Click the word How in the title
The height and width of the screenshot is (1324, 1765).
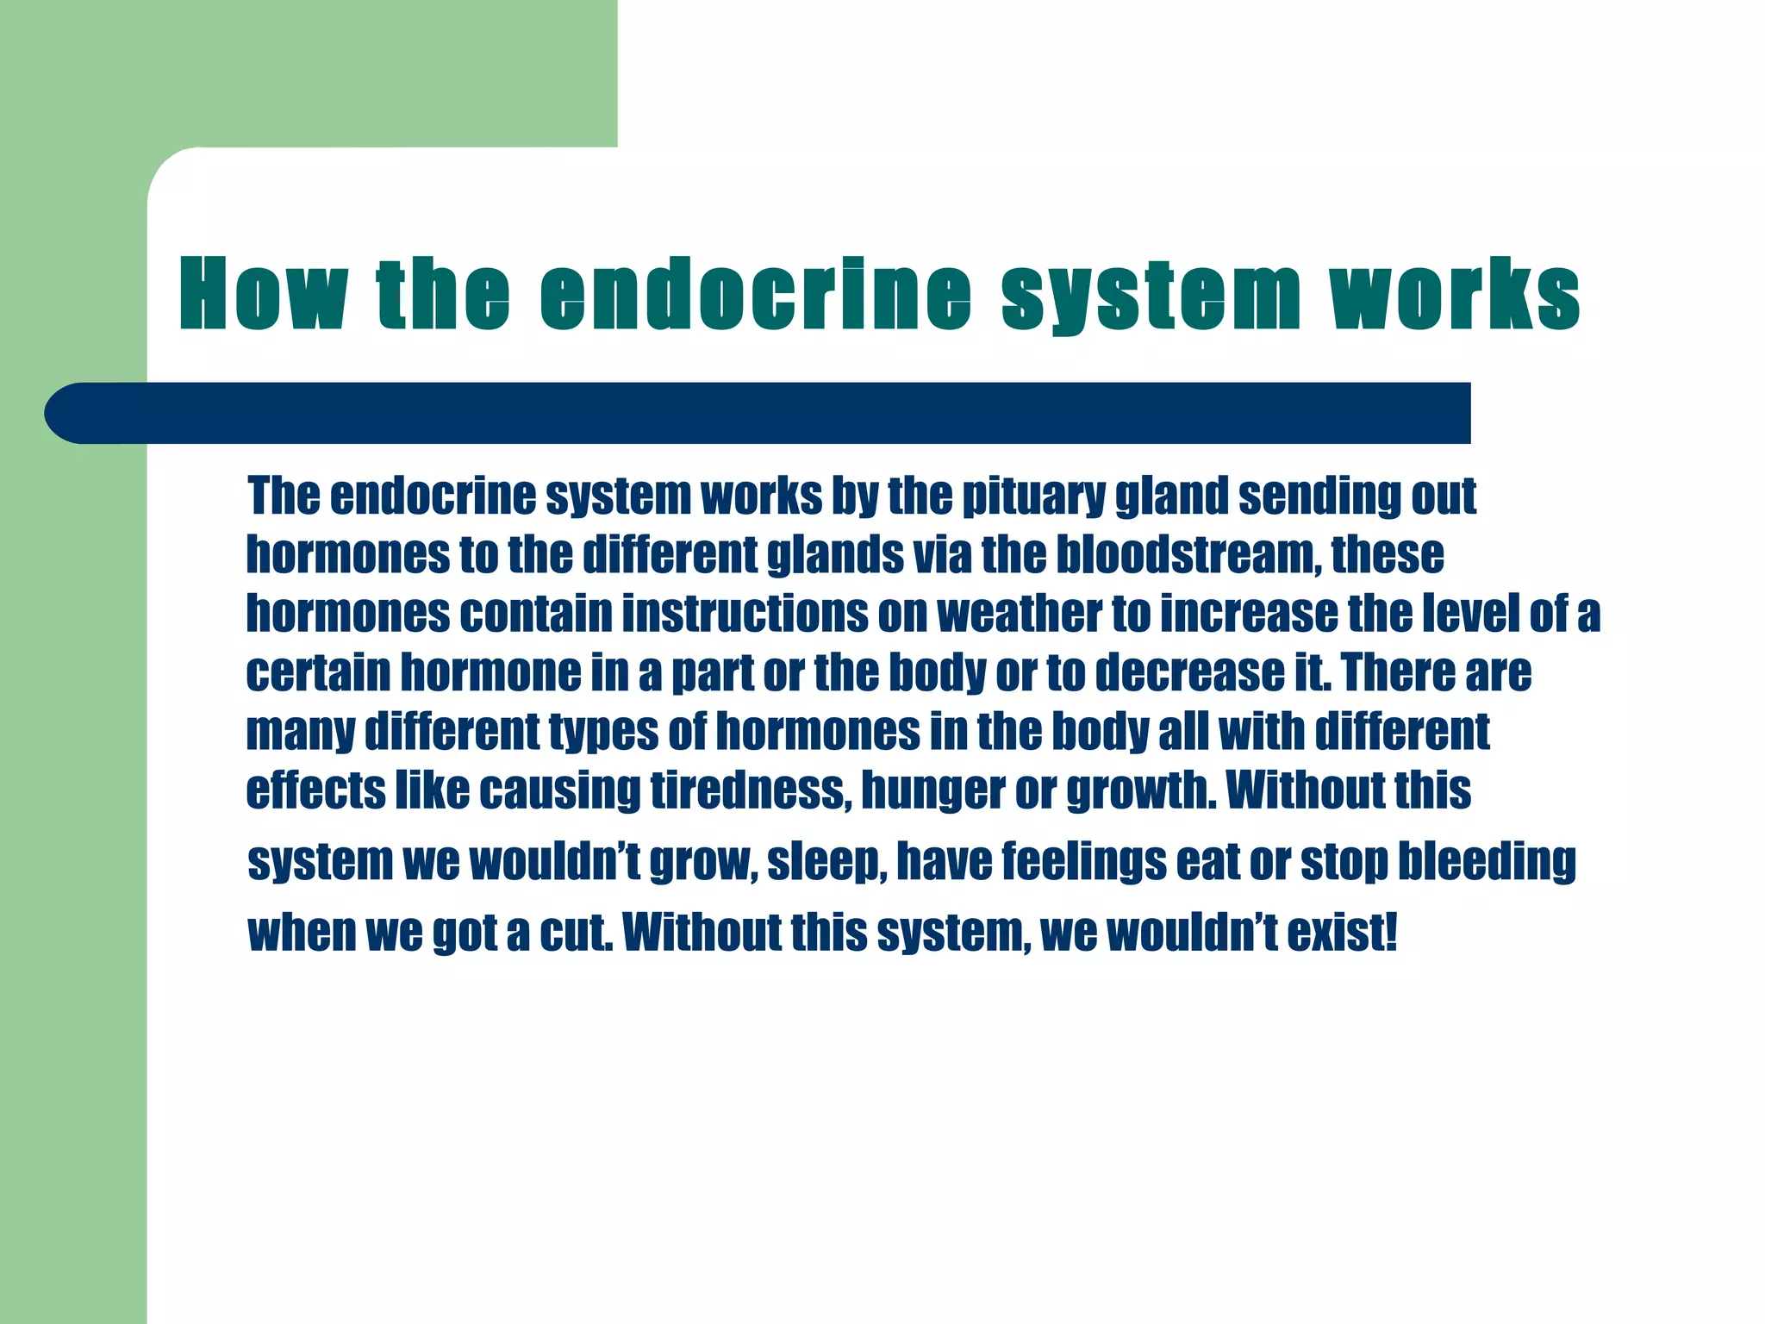pos(264,295)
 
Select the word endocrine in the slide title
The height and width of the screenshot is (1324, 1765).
pos(756,295)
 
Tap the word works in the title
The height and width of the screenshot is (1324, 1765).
pos(1454,295)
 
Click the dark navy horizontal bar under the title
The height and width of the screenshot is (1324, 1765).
pos(758,413)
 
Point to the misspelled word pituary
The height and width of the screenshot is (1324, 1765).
pos(1033,496)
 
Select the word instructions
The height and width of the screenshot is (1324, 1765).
pos(745,614)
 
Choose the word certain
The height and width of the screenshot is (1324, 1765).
pos(318,672)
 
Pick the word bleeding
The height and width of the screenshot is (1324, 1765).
pos(1486,863)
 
